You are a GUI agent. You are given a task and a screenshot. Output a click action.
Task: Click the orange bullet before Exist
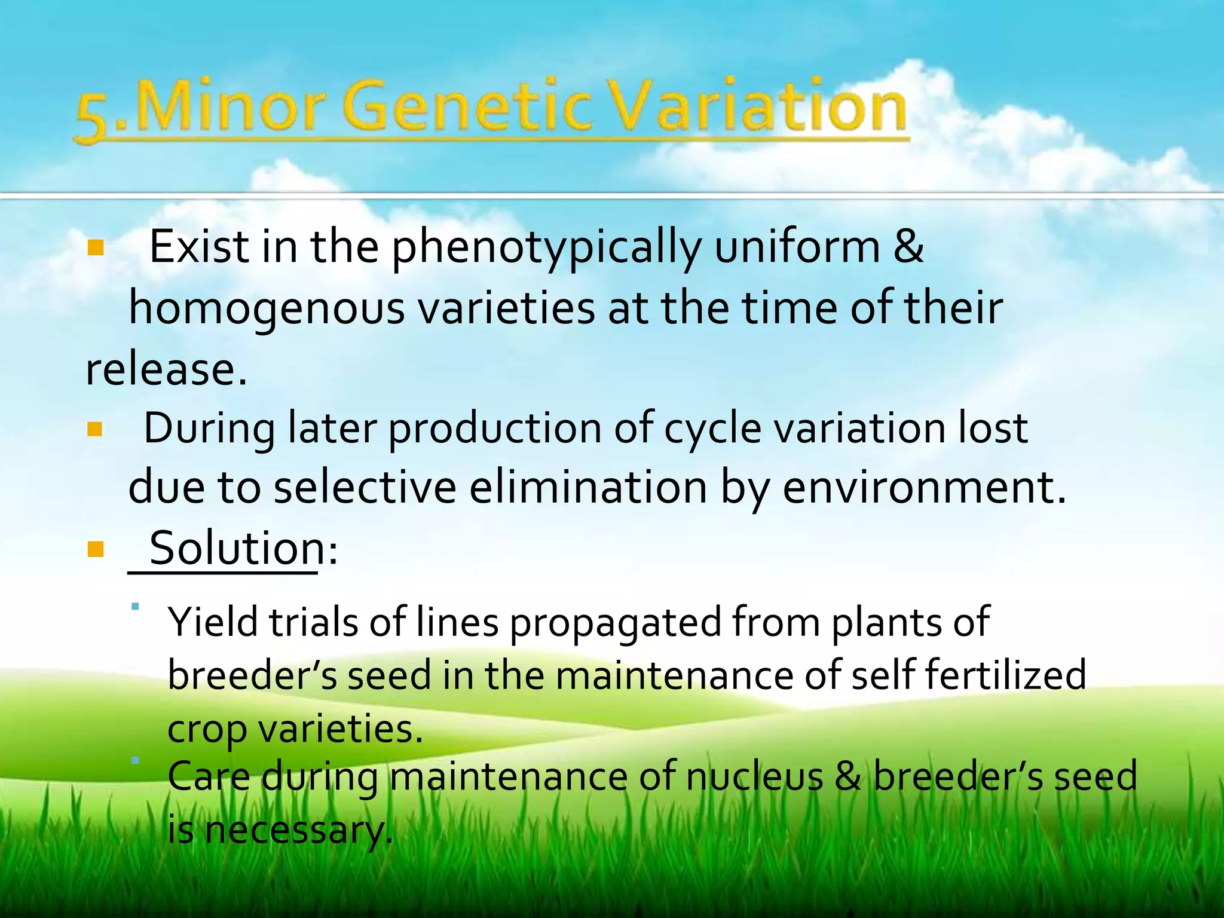pyautogui.click(x=96, y=247)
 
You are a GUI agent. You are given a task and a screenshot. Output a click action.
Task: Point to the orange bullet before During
pyautogui.click(x=96, y=429)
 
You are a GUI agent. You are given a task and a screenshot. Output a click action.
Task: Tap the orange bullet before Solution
pyautogui.click(x=96, y=549)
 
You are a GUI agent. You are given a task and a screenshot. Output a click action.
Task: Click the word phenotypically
pyautogui.click(x=546, y=248)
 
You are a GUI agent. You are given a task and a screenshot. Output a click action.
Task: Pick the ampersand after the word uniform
pyautogui.click(x=908, y=247)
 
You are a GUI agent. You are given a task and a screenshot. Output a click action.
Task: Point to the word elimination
pyautogui.click(x=588, y=488)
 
